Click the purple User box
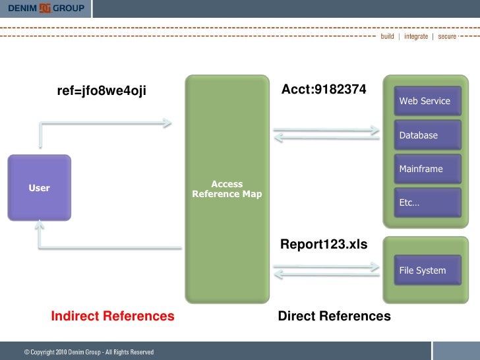pyautogui.click(x=39, y=188)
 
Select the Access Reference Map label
pyautogui.click(x=227, y=189)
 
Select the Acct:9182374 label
pyautogui.click(x=324, y=89)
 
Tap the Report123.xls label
pyautogui.click(x=324, y=244)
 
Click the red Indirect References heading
pyautogui.click(x=113, y=316)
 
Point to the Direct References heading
pyautogui.click(x=334, y=316)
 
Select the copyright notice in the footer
pyautogui.click(x=89, y=352)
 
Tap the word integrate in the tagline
pyautogui.click(x=415, y=36)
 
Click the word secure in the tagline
pyautogui.click(x=447, y=36)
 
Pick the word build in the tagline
pyautogui.click(x=387, y=36)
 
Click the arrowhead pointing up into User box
pyautogui.click(x=40, y=227)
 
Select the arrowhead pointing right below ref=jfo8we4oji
pyautogui.click(x=167, y=123)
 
